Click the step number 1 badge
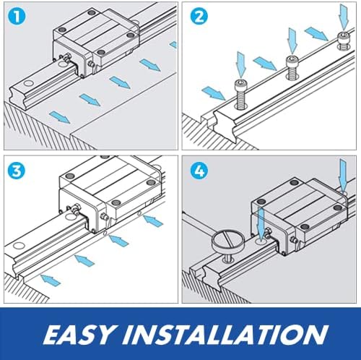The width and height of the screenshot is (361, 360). coord(17,17)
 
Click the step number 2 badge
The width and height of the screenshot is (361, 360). coord(199,17)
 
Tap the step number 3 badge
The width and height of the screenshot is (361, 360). coord(17,171)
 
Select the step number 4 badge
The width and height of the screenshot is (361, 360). coord(199,171)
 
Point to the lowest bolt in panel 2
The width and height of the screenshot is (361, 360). coord(240,95)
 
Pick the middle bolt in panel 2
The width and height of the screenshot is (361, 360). coord(292,67)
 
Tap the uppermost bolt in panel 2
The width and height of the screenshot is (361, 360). coord(344,41)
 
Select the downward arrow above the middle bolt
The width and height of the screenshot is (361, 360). coord(292,40)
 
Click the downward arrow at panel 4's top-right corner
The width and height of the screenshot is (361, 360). coord(343,175)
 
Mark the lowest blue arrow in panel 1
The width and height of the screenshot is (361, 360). coord(60,117)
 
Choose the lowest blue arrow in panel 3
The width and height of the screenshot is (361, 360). coord(51,280)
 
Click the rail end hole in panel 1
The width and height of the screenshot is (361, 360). coord(29,83)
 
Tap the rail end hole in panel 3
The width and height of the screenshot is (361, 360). coord(19,246)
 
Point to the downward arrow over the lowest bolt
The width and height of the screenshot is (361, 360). coord(241,64)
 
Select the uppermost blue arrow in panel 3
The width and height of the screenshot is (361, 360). coord(153,221)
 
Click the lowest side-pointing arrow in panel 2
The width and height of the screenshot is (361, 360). coord(214,93)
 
